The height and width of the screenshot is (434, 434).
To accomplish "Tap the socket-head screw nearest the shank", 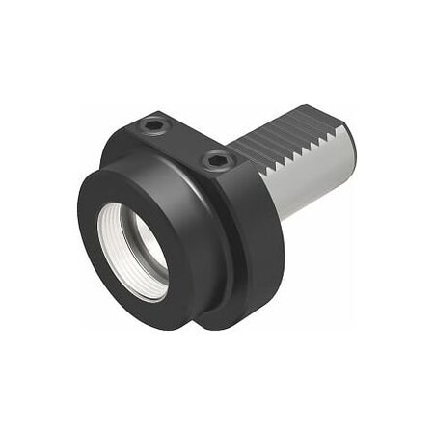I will tap(215, 162).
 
